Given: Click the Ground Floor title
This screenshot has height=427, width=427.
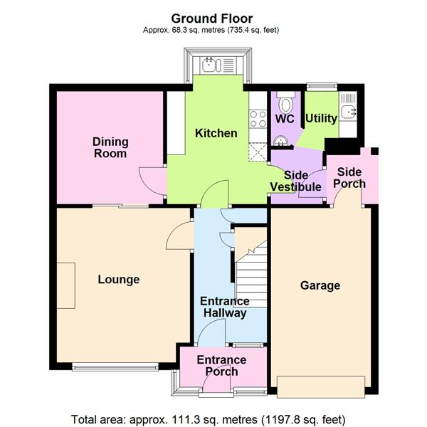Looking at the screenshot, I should tap(211, 18).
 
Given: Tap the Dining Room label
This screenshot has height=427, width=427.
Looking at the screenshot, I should tap(110, 147).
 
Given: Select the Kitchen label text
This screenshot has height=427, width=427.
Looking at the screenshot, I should tap(216, 133).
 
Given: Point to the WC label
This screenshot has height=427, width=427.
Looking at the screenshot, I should tap(285, 119).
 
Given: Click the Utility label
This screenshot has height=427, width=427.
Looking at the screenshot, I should tap(321, 119).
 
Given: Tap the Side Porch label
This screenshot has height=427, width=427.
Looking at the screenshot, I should tap(349, 177).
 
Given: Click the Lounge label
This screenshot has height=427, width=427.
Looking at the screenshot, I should tap(118, 279).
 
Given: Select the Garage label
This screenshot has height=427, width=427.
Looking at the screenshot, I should tap(320, 285).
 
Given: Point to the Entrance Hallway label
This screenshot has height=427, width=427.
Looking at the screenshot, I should tap(223, 307).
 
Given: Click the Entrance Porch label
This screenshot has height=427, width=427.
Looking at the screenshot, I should tap(221, 366).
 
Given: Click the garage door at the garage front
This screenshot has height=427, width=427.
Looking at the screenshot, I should tap(324, 387).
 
